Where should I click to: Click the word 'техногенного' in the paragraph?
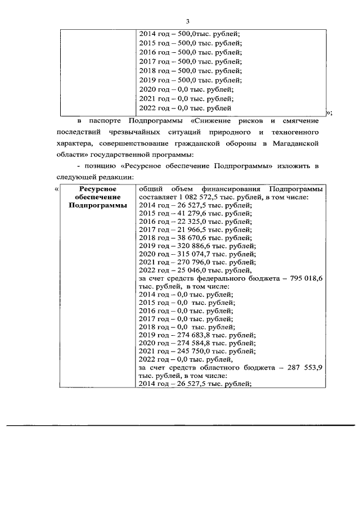click(294, 133)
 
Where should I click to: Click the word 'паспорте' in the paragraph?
click(107, 121)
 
